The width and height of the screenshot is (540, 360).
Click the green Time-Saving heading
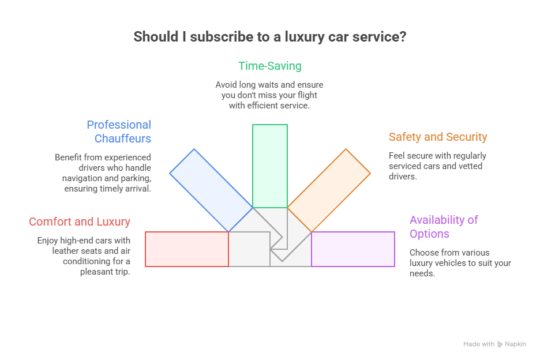click(270, 66)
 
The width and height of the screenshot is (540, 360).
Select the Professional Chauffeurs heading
click(119, 132)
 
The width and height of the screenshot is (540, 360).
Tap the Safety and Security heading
click(438, 137)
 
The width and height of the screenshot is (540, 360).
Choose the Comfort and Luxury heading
click(80, 222)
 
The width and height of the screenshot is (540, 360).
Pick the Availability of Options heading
click(444, 227)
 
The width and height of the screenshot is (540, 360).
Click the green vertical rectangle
click(270, 166)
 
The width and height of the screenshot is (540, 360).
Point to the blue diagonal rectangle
click(211, 190)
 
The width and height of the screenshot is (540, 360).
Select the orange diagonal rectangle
click(329, 190)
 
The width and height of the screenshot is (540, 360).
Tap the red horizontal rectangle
click(187, 249)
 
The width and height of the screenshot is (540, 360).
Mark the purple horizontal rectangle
click(353, 249)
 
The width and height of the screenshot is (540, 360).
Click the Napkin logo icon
click(500, 344)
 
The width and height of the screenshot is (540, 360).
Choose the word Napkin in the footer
click(516, 344)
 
